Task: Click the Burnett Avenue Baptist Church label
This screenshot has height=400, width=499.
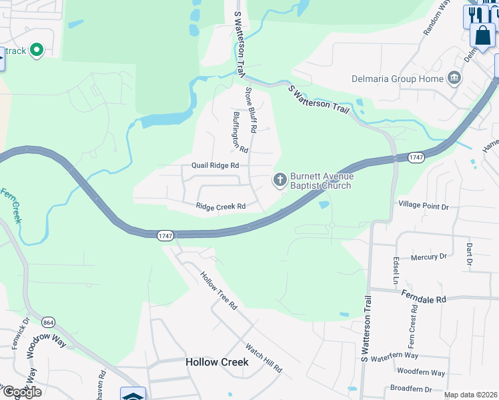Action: click(320, 181)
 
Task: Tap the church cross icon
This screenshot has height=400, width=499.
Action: click(279, 179)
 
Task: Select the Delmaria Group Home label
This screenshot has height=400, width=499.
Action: click(398, 79)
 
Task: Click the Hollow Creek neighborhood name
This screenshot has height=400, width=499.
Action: click(217, 362)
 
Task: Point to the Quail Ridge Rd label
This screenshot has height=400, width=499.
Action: click(215, 165)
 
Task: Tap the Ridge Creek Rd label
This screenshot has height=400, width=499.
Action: click(221, 207)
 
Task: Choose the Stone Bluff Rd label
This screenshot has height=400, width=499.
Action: click(251, 107)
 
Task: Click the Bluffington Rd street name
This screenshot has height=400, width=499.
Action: click(240, 131)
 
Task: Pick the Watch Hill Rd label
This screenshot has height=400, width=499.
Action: click(264, 358)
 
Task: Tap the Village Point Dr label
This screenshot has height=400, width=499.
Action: click(424, 207)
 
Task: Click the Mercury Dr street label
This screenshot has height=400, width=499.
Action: click(428, 257)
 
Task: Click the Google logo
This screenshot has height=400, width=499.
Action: click(21, 391)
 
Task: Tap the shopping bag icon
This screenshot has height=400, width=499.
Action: click(482, 35)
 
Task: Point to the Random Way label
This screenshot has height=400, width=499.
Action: click(437, 17)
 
